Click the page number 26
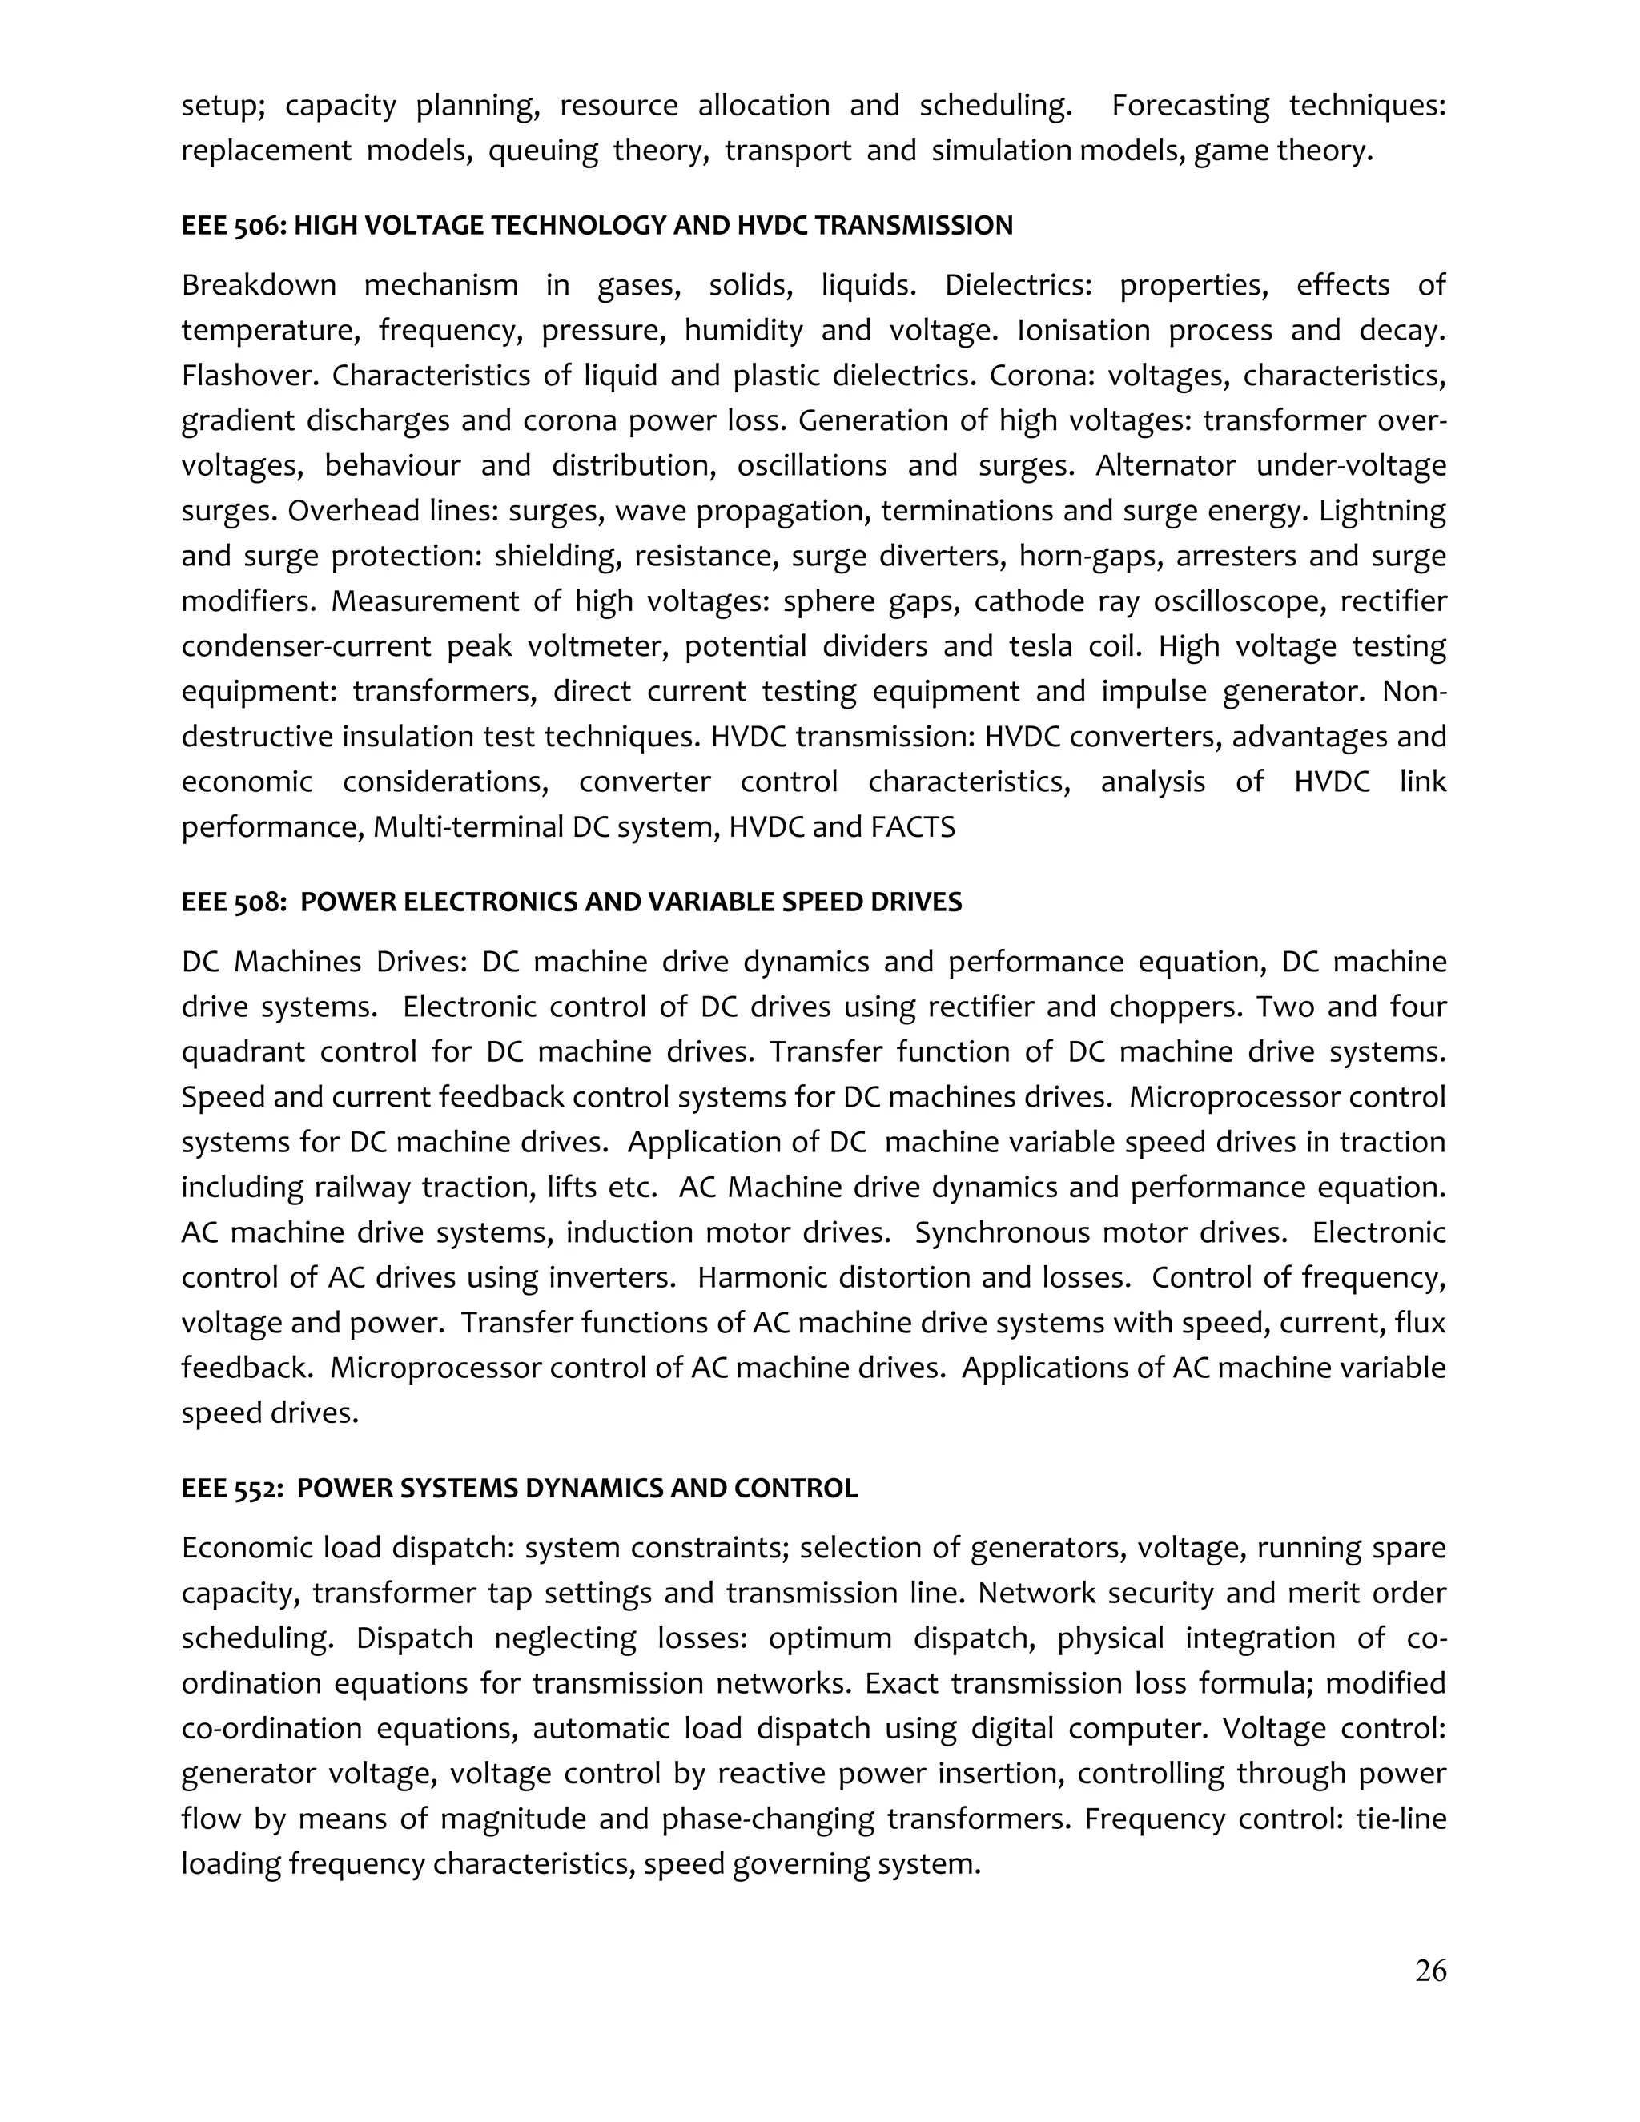pos(1430,1971)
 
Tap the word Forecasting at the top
pos(1190,105)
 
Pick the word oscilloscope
pos(1236,601)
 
